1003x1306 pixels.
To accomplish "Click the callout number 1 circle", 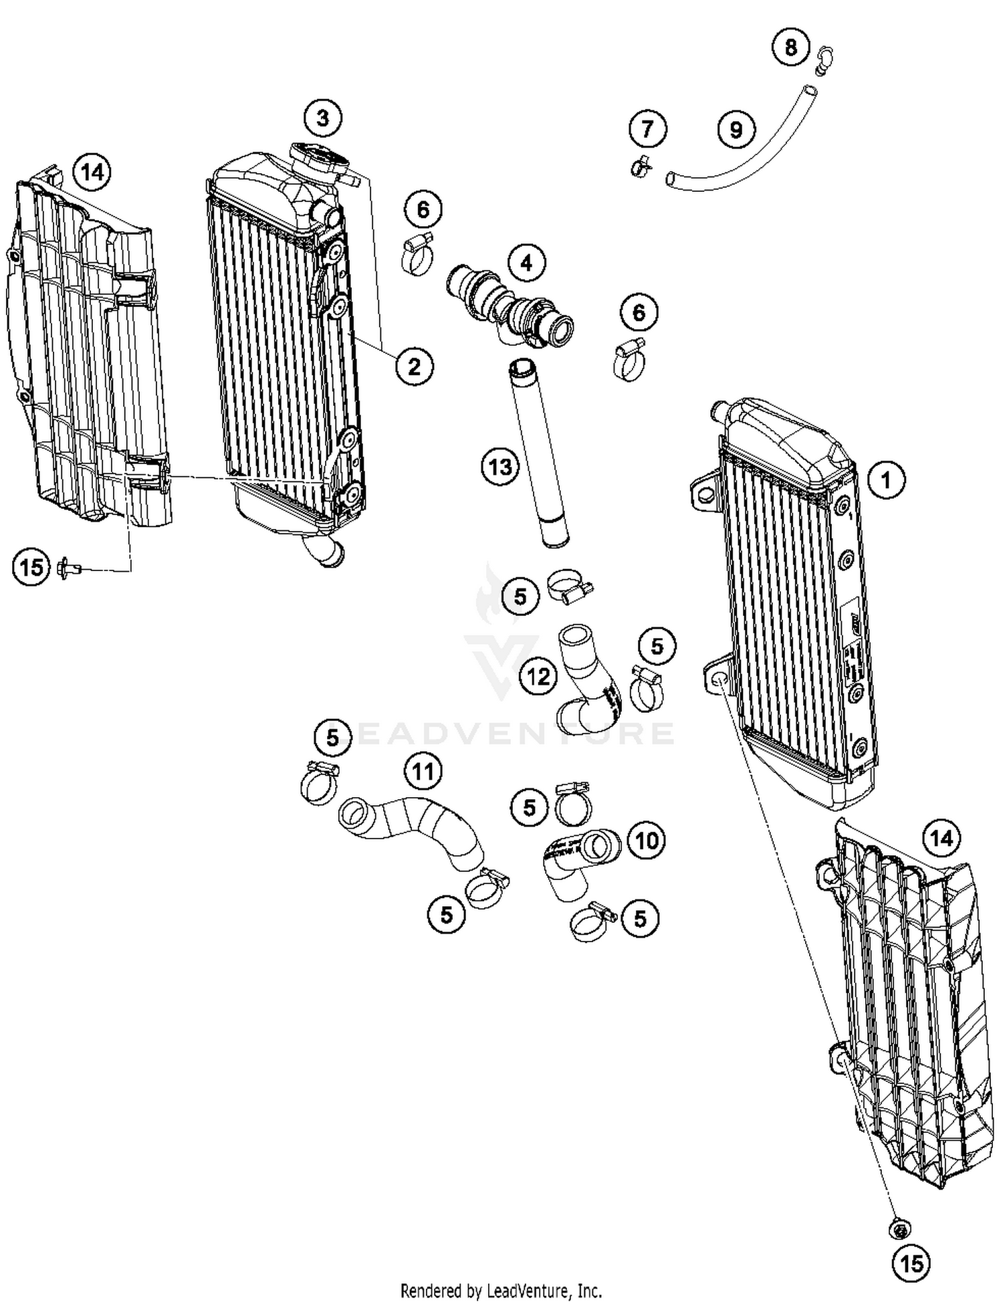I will [x=886, y=479].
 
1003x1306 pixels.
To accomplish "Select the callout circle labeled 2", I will [x=414, y=366].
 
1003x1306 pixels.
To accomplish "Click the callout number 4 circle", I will [x=526, y=263].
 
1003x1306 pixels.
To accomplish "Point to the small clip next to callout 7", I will [x=640, y=165].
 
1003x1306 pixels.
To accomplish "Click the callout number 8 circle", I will [x=790, y=47].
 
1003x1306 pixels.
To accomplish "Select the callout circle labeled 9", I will [x=736, y=129].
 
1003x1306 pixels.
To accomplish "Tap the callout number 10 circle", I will [x=646, y=840].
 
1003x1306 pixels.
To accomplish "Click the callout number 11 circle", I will [x=423, y=772].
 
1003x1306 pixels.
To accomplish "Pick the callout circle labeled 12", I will [x=538, y=677].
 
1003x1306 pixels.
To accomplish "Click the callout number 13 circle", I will [x=500, y=467].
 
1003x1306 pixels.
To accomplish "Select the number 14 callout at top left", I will [x=92, y=173].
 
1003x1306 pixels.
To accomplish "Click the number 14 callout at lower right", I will [x=941, y=838].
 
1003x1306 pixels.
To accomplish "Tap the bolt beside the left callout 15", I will [x=68, y=568].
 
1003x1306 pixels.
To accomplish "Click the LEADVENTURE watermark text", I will [x=501, y=733].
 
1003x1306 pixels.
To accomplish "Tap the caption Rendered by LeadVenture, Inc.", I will [x=501, y=1290].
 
